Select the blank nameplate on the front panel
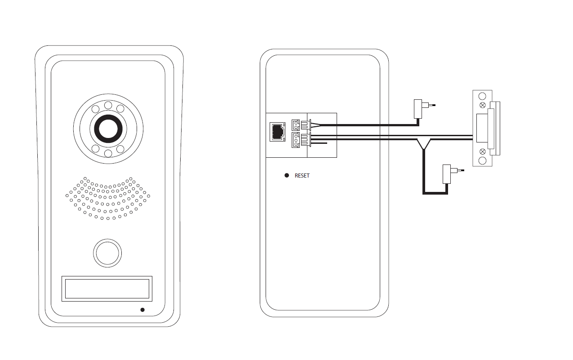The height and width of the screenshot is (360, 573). (x=107, y=289)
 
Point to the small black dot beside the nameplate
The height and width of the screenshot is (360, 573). (x=142, y=310)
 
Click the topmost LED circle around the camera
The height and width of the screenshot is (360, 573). (x=108, y=106)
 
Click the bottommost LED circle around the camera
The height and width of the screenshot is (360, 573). (x=108, y=153)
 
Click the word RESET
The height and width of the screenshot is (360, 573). (x=302, y=176)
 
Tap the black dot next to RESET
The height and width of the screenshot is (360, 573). (x=287, y=175)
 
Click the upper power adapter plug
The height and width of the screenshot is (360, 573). (x=418, y=108)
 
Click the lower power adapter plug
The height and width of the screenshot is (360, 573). (x=447, y=173)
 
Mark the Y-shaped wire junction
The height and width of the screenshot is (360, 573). (x=423, y=144)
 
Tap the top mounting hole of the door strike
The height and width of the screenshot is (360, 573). (x=482, y=96)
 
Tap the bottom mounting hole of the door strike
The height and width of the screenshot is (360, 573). (x=482, y=160)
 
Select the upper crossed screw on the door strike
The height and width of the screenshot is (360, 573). (x=483, y=105)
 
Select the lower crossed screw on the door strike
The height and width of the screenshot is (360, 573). (x=483, y=151)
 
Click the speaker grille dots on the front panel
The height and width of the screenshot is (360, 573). (x=108, y=198)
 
